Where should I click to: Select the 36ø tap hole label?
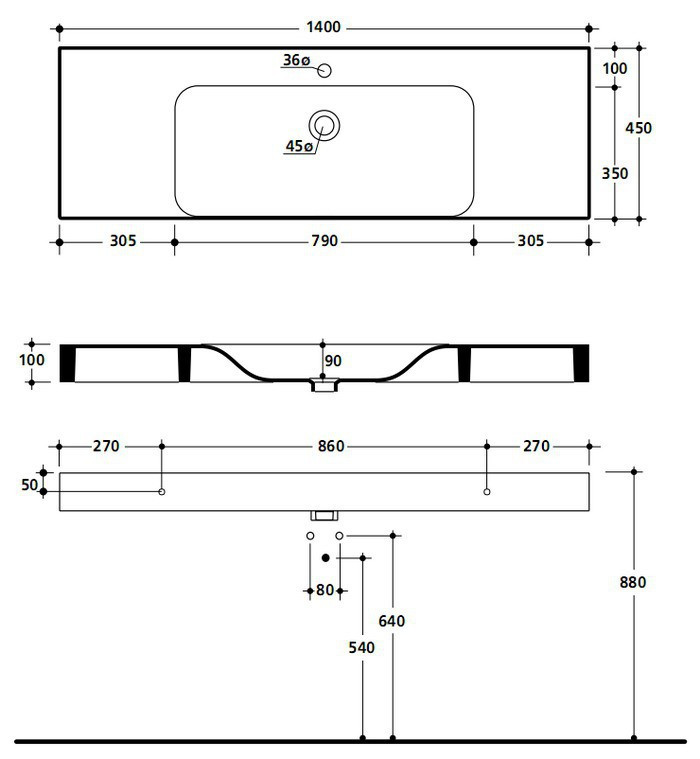click(x=296, y=61)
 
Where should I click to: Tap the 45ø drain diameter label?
click(x=299, y=146)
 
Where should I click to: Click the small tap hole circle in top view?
click(x=323, y=71)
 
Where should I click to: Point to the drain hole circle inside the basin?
click(x=324, y=124)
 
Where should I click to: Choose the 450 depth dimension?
click(x=637, y=128)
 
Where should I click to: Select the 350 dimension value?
click(x=615, y=173)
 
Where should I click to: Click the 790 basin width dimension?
click(x=324, y=241)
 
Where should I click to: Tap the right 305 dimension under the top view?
click(x=530, y=241)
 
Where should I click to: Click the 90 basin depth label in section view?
click(x=333, y=361)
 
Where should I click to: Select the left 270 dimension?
click(x=107, y=446)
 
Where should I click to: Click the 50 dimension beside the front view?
click(x=29, y=485)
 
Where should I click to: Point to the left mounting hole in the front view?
click(x=162, y=492)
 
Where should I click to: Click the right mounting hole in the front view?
click(x=486, y=492)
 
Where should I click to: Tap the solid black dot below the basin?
click(x=325, y=557)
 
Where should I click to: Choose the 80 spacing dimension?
click(x=325, y=590)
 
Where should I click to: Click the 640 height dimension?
click(x=392, y=621)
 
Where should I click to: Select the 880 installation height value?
click(x=634, y=582)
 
